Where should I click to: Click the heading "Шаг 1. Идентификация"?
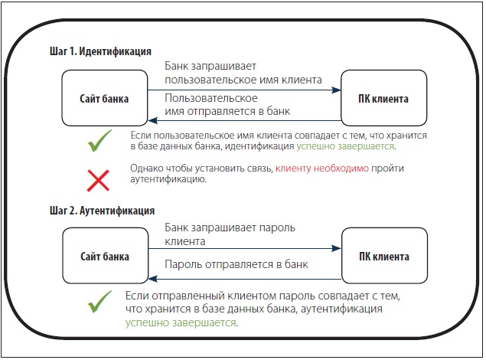pos(100,51)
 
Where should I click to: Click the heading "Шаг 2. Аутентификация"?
pos(102,211)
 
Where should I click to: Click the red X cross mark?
pos(98,181)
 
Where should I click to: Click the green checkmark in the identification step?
pos(99,141)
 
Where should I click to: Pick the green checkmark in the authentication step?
pos(99,302)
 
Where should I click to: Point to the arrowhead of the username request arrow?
pos(336,90)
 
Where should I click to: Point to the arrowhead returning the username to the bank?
pos(153,120)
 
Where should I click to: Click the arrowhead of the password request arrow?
pos(336,248)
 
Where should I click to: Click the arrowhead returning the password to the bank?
pos(153,279)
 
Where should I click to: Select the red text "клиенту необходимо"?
pos(322,169)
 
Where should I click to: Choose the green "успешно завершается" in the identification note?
pos(345,146)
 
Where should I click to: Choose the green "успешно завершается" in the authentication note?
pos(181,322)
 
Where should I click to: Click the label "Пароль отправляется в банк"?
pos(236,264)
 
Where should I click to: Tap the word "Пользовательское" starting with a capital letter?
pos(211,98)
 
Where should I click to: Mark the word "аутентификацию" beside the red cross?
pos(168,179)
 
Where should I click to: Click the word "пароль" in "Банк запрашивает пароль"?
pos(277,228)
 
